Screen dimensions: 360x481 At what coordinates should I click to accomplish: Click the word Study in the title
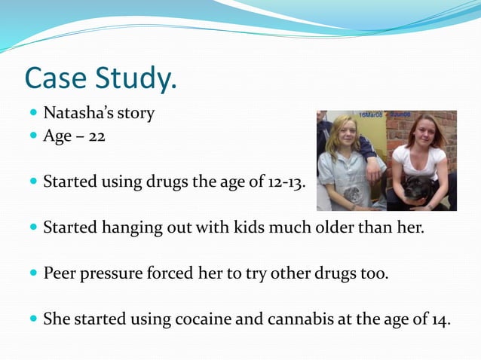135,78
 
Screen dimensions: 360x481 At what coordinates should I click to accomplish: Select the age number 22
96,137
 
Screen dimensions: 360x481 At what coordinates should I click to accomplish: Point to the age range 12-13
286,182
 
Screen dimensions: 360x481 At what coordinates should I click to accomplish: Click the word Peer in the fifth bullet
60,273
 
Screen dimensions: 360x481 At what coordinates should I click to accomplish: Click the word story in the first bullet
136,114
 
